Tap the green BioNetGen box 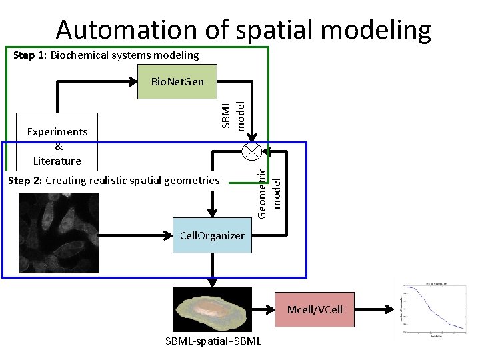tap(178, 82)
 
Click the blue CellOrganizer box tap(212, 235)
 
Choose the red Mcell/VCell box tap(315, 309)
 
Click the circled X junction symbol tap(252, 151)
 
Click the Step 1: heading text tap(30, 55)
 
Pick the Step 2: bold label tap(25, 181)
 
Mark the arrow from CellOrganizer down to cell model tap(212, 270)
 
